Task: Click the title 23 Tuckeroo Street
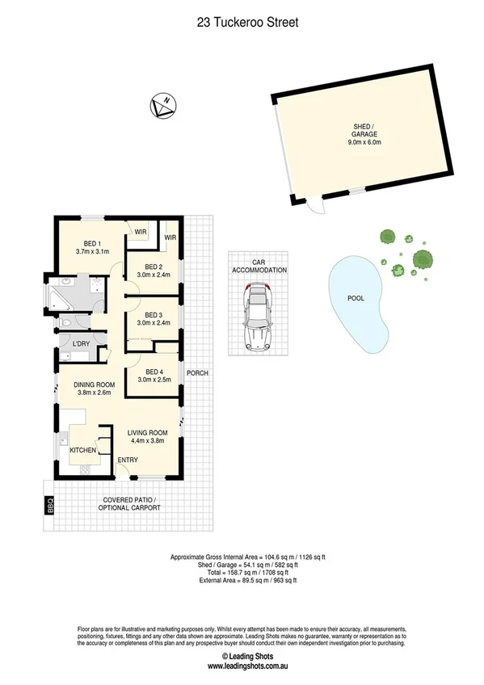[247, 23]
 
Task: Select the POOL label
[356, 298]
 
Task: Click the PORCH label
[198, 373]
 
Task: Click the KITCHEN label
[83, 450]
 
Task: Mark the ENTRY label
[128, 460]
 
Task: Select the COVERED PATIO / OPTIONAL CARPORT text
[129, 504]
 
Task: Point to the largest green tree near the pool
[423, 259]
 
